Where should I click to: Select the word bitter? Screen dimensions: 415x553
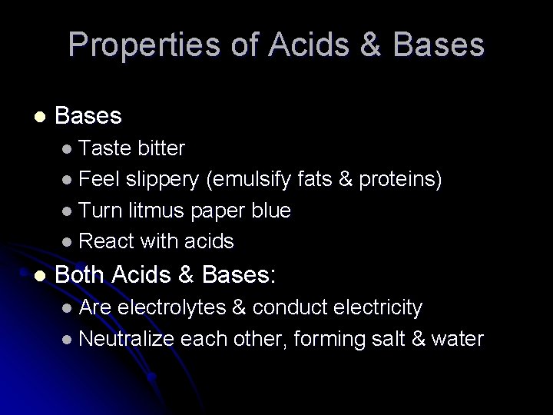pyautogui.click(x=162, y=148)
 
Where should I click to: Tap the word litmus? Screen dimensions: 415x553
pyautogui.click(x=151, y=211)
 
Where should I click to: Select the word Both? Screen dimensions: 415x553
pyautogui.click(x=81, y=274)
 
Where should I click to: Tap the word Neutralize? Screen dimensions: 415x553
pyautogui.click(x=127, y=339)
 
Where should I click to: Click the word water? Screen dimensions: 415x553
pyautogui.click(x=458, y=339)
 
